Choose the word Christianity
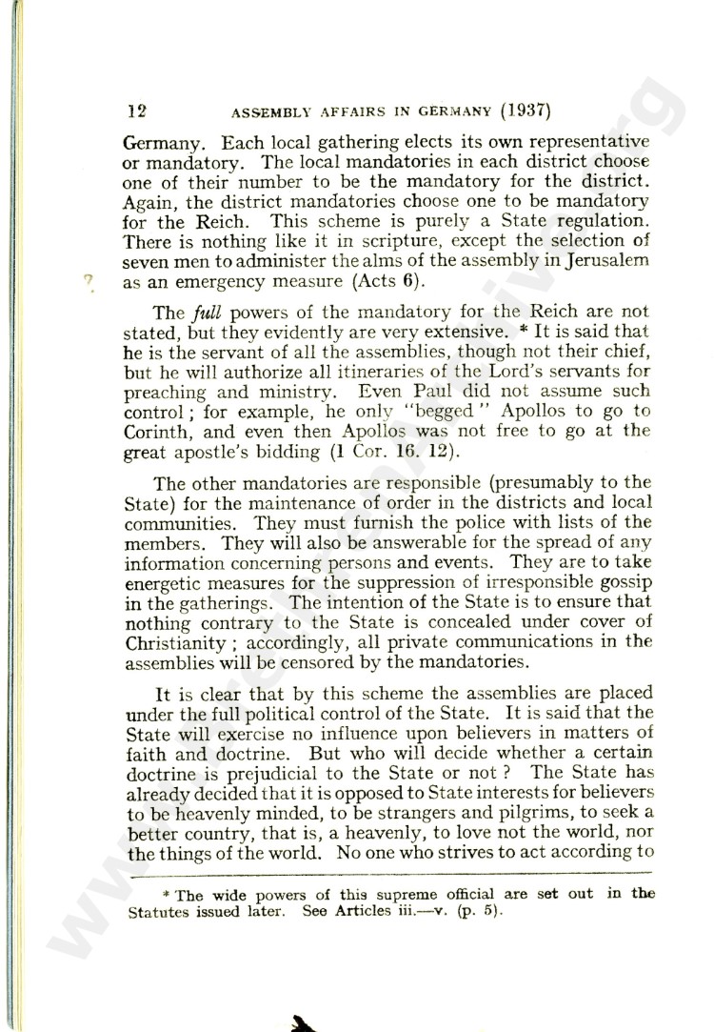[x=176, y=641]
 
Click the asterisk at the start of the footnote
[x=167, y=893]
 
